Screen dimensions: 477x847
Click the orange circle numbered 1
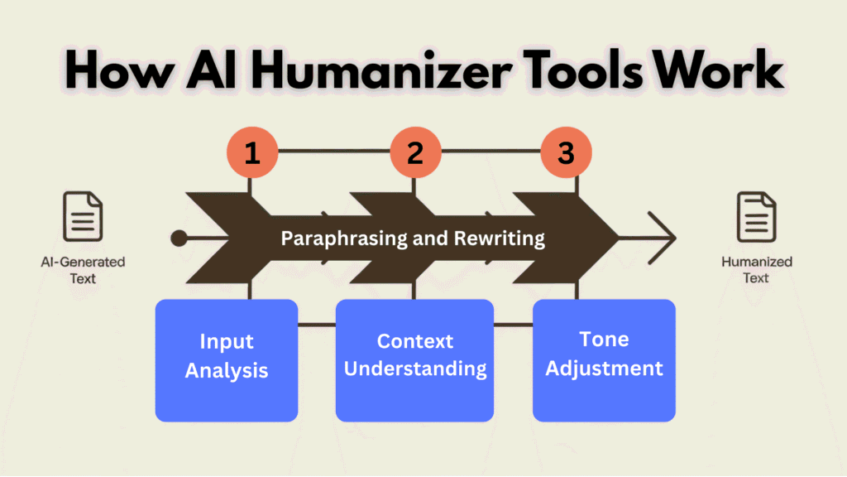(x=251, y=154)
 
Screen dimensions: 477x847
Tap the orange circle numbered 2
(x=414, y=154)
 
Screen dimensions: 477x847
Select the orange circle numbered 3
(x=566, y=154)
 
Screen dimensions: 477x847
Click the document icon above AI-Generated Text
(x=83, y=217)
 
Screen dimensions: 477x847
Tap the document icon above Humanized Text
(x=756, y=217)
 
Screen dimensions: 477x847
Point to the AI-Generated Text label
(x=83, y=270)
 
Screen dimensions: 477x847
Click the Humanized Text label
(x=756, y=270)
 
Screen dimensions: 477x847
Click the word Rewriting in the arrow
(x=500, y=239)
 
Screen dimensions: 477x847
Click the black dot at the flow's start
(x=179, y=239)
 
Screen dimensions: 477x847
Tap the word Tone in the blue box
(x=604, y=340)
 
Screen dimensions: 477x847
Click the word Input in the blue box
(x=226, y=341)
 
